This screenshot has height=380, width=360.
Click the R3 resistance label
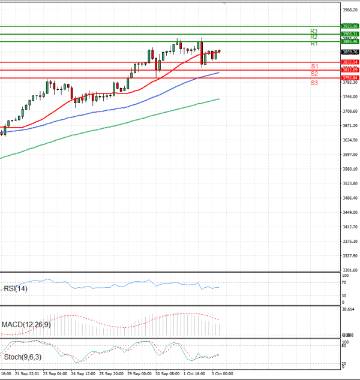tap(314, 31)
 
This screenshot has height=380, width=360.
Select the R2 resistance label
tap(314, 37)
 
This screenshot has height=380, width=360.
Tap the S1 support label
tap(314, 66)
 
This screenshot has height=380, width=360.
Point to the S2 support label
tap(314, 74)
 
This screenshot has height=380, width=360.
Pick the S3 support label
tap(314, 82)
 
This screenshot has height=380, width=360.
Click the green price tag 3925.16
tap(350, 26)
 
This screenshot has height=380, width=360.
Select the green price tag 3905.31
tap(350, 34)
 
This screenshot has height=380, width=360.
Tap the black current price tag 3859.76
tap(350, 52)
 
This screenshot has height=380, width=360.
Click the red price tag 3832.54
tap(350, 62)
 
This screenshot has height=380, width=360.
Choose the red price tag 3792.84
tap(350, 78)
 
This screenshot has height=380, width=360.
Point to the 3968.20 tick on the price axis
tap(350, 10)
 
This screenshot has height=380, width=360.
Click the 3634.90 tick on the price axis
tap(350, 140)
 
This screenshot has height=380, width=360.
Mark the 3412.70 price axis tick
tap(350, 227)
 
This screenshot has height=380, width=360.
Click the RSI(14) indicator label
tap(16, 288)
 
